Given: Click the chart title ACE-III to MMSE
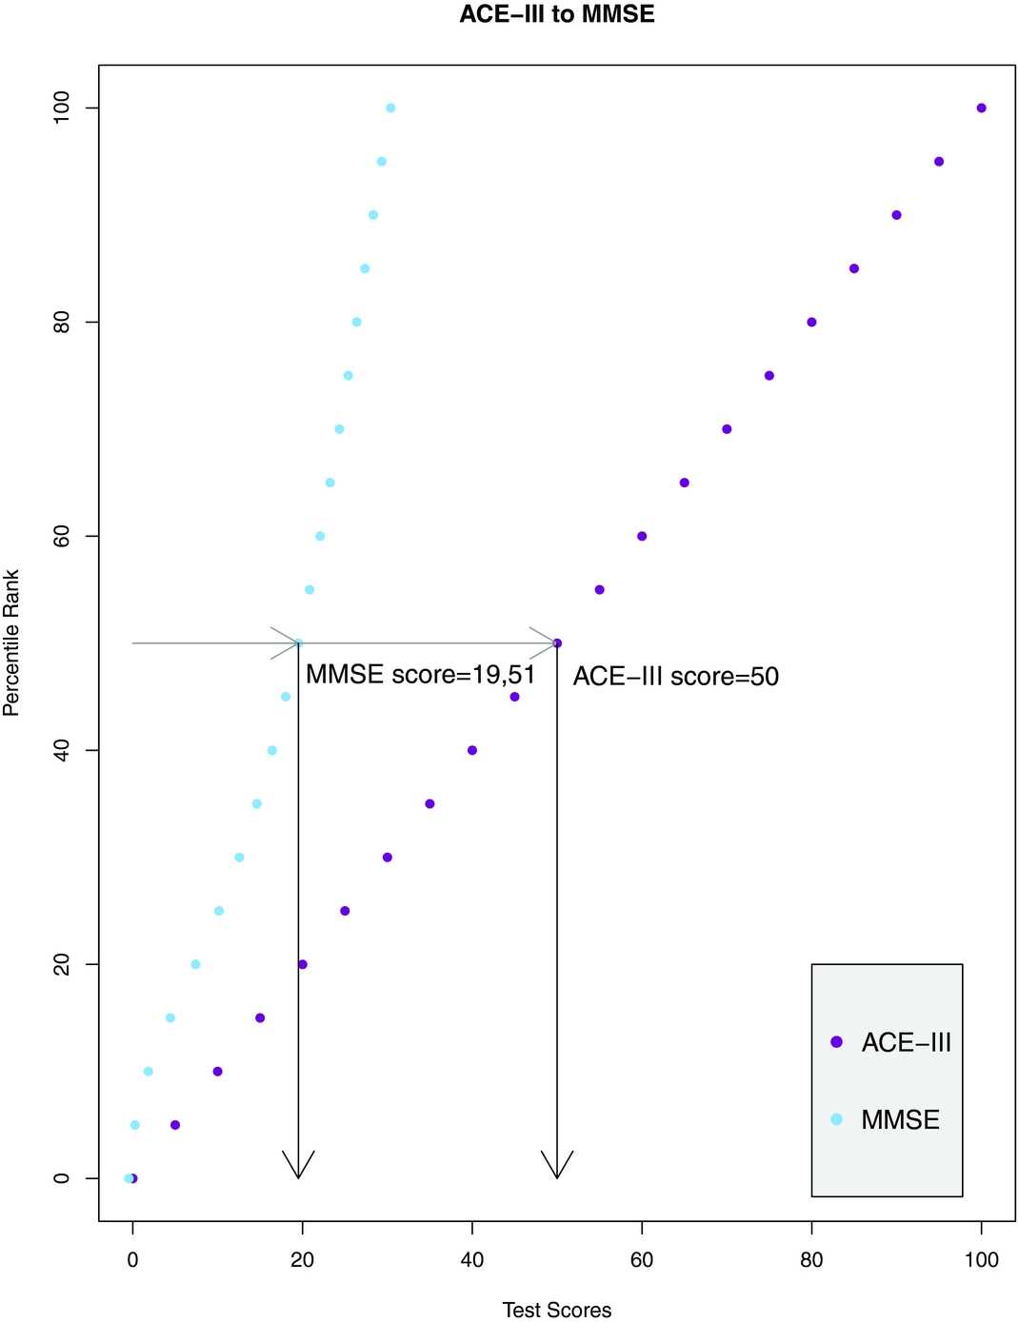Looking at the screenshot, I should point(556,14).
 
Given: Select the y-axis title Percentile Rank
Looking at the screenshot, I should point(11,642).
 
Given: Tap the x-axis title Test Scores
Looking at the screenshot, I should point(556,1310).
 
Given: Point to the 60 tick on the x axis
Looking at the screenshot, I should point(642,1260).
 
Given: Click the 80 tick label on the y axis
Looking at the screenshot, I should point(62,322).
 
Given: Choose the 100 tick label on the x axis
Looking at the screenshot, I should point(981,1260).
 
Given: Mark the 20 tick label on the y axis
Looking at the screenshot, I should point(62,964).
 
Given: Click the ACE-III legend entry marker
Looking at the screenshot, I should point(836,1042).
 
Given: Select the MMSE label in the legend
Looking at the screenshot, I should point(900,1120).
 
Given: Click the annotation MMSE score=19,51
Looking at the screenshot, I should point(420,675).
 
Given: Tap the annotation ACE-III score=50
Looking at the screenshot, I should point(675,677).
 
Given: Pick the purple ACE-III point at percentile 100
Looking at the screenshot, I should point(981,108).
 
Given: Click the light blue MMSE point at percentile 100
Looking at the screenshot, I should point(390,108).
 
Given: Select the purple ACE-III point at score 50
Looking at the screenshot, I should point(557,643).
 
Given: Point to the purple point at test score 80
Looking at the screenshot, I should point(811,322).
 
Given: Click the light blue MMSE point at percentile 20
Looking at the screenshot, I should point(195,964).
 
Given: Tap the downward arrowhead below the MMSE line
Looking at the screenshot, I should point(298,1167).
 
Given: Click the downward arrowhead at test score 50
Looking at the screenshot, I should point(557,1167).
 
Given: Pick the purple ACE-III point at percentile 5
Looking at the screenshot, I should point(175,1125).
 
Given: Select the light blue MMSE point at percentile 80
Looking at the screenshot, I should point(356,322).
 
